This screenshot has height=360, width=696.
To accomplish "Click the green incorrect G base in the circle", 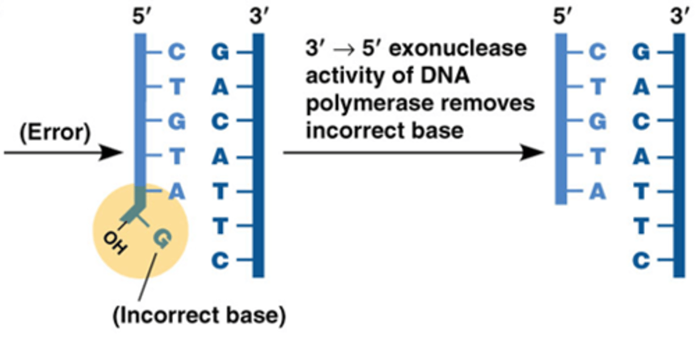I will (162, 238).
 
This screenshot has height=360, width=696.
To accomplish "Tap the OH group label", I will (116, 242).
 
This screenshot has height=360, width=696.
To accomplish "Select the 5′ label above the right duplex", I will (561, 19).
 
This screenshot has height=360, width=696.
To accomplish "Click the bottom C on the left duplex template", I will (220, 261).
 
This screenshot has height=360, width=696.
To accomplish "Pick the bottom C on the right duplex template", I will (640, 261).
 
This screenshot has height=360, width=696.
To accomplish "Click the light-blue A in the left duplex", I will (177, 192).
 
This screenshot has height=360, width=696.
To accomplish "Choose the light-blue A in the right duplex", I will (598, 192).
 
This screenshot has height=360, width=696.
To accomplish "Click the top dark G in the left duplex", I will (220, 53).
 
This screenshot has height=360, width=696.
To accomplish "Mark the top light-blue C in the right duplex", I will (598, 53).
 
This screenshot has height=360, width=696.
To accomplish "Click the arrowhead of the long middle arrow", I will (536, 153).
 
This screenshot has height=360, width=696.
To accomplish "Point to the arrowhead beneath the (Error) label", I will (114, 153).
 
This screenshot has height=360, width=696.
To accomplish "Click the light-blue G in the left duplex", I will (177, 122).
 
